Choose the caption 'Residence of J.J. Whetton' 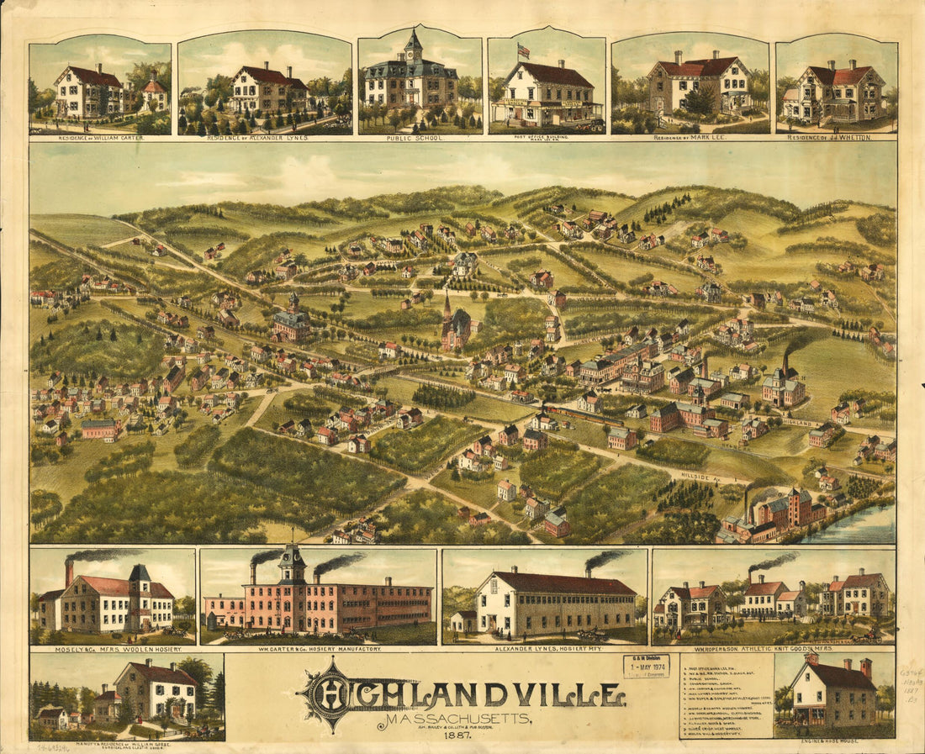837,134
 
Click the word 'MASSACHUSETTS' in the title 455,720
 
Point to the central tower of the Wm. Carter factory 293,566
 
